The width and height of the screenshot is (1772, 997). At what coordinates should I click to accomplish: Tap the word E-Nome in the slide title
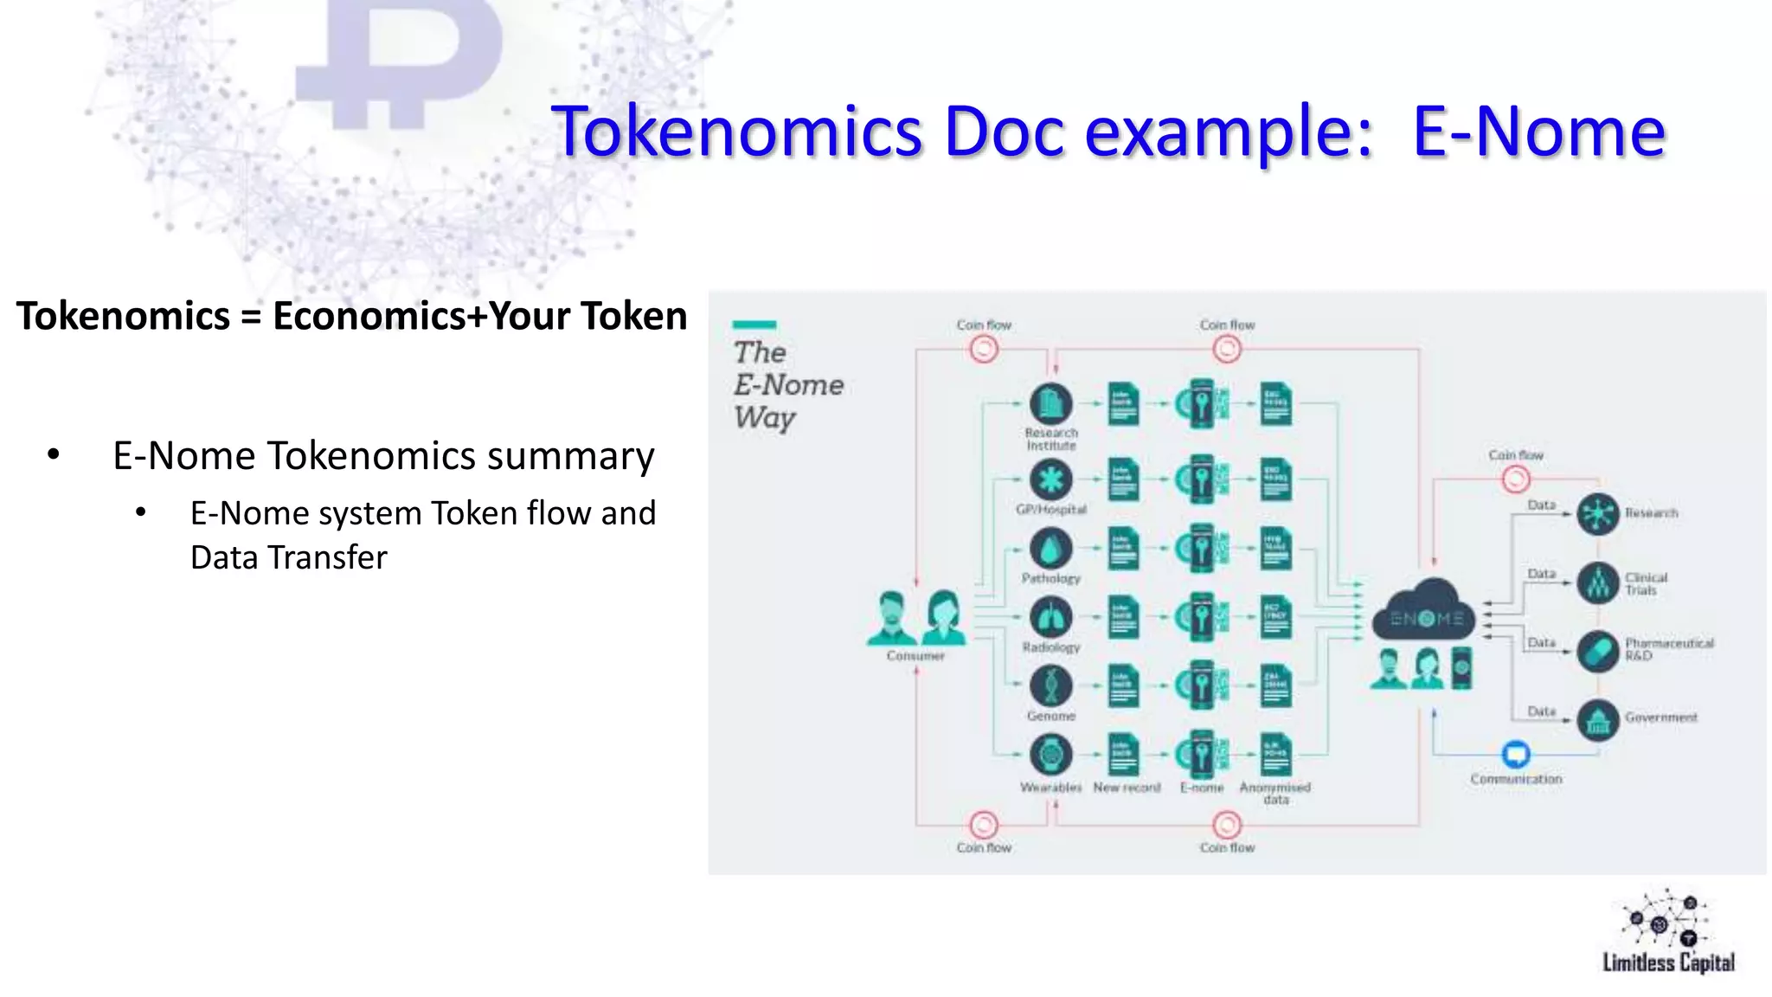click(1538, 132)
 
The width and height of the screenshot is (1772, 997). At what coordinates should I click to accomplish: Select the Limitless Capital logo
click(1667, 933)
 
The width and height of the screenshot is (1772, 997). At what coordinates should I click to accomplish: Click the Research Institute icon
click(1050, 404)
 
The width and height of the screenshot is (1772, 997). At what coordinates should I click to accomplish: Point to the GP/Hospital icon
click(1050, 479)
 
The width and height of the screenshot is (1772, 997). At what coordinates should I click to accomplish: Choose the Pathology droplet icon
click(1050, 549)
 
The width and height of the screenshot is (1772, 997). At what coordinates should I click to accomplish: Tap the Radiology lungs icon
click(1050, 618)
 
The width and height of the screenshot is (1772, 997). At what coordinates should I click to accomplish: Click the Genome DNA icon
click(1050, 686)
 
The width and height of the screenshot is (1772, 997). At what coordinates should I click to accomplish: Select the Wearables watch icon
click(1050, 755)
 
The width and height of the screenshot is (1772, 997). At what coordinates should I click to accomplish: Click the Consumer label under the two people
click(915, 656)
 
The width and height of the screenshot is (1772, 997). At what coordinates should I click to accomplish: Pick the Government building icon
click(1597, 719)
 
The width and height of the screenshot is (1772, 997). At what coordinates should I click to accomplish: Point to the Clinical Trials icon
click(1597, 582)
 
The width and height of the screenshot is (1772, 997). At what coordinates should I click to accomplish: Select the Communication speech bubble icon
click(1515, 754)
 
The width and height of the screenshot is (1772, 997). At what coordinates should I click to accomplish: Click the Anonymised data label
click(1275, 793)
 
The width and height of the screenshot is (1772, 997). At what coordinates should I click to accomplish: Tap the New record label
click(1127, 788)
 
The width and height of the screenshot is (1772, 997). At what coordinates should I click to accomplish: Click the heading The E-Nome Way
click(786, 384)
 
